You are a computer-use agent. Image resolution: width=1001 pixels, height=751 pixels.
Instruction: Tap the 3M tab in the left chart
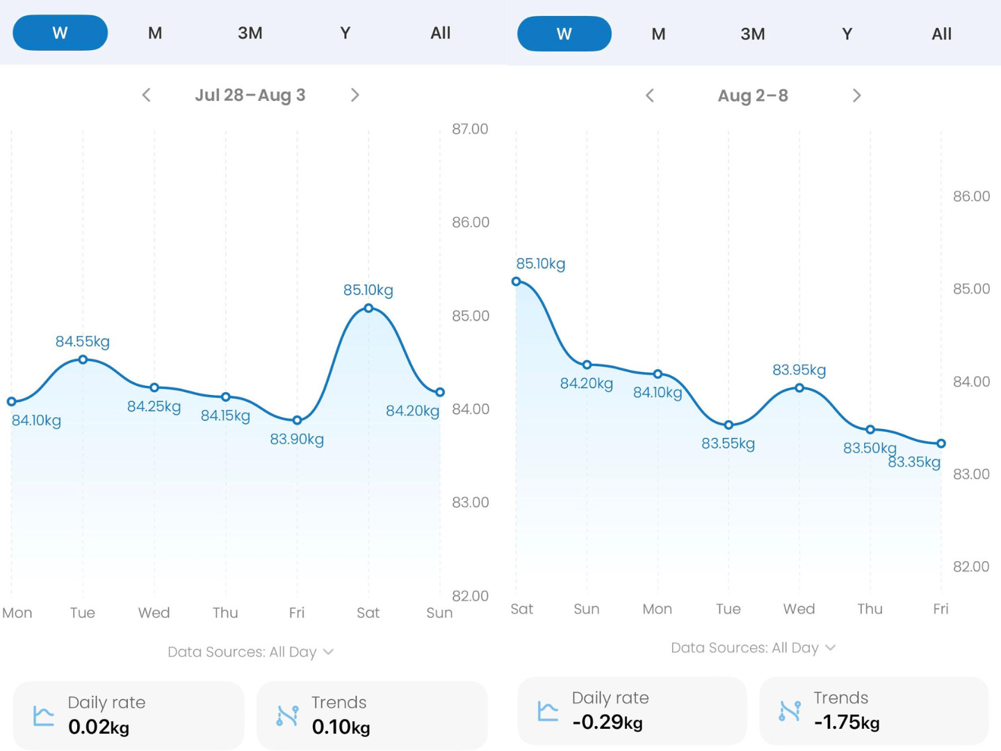tap(250, 33)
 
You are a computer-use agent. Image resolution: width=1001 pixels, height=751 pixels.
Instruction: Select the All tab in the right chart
tap(941, 34)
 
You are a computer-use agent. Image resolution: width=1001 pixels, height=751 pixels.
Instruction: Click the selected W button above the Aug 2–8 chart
tap(564, 34)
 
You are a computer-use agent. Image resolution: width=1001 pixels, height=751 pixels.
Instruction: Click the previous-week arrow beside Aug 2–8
tap(650, 95)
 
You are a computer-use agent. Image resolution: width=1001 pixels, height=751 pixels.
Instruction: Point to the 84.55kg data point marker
tap(83, 360)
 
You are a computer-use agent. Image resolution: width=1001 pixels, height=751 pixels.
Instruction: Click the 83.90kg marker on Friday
tap(297, 420)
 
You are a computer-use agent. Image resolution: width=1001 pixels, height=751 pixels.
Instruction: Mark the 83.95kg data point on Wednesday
tap(799, 387)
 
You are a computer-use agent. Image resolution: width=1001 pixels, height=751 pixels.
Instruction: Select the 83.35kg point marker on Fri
tap(941, 443)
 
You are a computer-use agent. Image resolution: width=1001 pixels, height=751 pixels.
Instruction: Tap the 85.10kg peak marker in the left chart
tap(368, 308)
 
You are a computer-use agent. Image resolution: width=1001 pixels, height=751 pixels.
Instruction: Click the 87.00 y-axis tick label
tap(470, 129)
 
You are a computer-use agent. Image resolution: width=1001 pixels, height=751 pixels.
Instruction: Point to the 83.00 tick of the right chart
tap(971, 474)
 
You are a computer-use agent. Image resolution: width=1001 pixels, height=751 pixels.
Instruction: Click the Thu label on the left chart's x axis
tap(225, 613)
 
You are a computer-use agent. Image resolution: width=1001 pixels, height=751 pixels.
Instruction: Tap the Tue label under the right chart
tap(729, 608)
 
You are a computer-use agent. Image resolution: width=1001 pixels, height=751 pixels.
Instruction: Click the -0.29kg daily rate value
tap(608, 722)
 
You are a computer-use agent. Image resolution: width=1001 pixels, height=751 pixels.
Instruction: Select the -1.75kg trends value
tap(847, 722)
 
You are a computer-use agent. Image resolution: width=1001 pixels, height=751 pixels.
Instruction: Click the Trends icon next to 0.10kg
tap(288, 716)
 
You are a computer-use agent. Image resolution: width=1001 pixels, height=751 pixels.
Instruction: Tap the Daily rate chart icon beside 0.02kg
tap(44, 716)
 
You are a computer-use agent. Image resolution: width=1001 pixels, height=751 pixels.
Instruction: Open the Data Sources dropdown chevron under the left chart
tap(328, 652)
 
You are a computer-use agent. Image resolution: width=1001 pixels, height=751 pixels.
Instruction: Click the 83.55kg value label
tap(728, 443)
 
